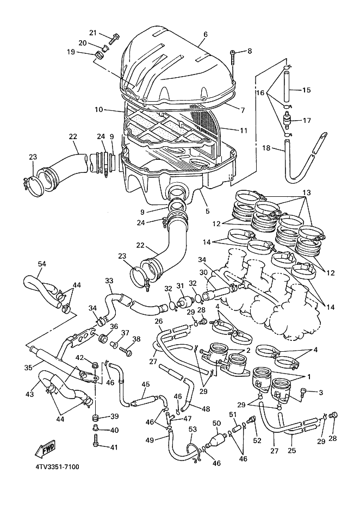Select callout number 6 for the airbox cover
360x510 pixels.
click(206, 34)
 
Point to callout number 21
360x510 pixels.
click(92, 32)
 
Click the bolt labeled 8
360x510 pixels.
click(233, 54)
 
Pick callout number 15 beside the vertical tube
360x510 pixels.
click(306, 90)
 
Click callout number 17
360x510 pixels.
click(306, 120)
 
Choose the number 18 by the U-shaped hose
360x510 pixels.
click(266, 147)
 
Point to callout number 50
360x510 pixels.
click(216, 423)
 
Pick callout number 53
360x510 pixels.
click(192, 430)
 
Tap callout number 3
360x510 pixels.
click(321, 391)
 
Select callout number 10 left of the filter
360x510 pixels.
click(98, 109)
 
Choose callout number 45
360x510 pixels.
click(145, 384)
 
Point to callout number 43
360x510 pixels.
click(30, 394)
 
